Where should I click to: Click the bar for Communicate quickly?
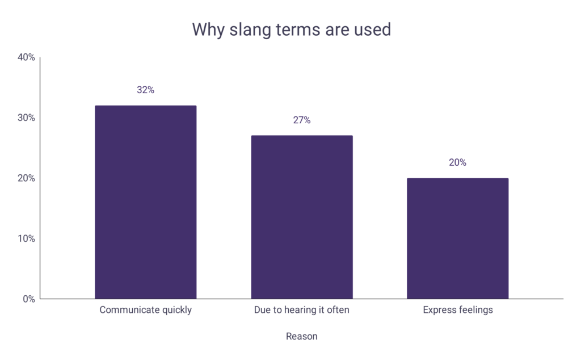145,202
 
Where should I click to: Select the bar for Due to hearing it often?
301,217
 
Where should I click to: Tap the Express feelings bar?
457,238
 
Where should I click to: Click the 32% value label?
145,90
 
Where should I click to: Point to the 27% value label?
301,120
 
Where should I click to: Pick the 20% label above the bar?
457,162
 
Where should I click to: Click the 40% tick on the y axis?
26,57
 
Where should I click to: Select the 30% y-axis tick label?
26,118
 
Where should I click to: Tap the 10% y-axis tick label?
26,238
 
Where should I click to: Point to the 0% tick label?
28,299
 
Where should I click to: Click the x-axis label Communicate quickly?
145,310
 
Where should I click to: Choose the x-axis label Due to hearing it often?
301,310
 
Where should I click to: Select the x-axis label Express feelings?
457,310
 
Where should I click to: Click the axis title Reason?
301,336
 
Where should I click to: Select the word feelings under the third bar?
474,310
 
